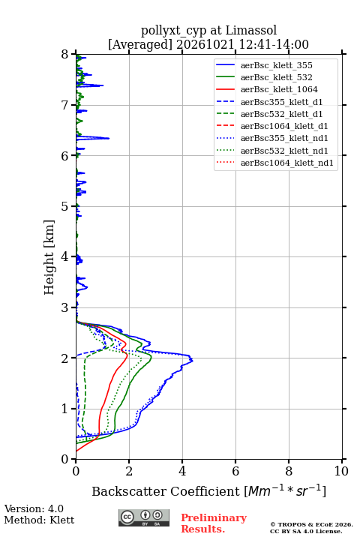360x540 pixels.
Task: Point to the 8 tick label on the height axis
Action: pos(65,55)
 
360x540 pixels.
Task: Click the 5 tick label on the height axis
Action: pos(65,206)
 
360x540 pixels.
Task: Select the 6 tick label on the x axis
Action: pos(235,471)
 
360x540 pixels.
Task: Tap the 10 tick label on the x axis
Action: pos(341,471)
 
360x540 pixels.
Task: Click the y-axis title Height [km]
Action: pos(49,257)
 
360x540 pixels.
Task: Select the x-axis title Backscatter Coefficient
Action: pos(166,491)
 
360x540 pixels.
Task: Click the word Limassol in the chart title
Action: pos(251,31)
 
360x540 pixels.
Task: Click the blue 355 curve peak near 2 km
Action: pos(192,360)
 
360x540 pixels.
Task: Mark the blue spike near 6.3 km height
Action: pos(108,138)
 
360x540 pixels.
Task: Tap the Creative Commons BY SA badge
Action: pos(144,517)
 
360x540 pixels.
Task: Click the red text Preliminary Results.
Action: pos(214,523)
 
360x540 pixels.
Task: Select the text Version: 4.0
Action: pos(34,508)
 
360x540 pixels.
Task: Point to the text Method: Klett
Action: pos(39,520)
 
